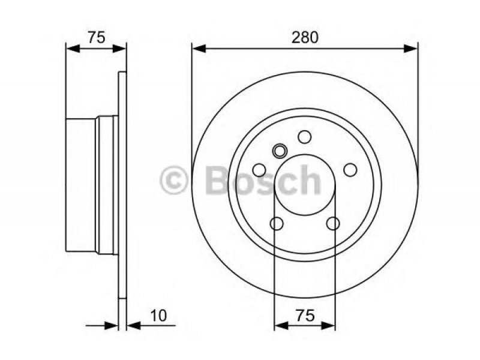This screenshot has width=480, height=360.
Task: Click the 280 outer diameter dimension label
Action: click(305, 37)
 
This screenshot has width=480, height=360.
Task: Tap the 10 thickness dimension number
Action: click(158, 316)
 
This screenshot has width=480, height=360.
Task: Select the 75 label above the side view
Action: click(97, 37)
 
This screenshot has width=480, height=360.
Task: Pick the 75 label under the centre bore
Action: click(305, 316)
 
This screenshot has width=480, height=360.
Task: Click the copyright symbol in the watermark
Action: click(173, 181)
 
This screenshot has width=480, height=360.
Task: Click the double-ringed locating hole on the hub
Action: click(280, 151)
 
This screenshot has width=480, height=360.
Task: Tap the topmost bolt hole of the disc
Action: click(305, 137)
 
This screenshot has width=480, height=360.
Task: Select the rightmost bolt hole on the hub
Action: click(350, 170)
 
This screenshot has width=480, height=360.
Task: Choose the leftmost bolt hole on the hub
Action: click(259, 170)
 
